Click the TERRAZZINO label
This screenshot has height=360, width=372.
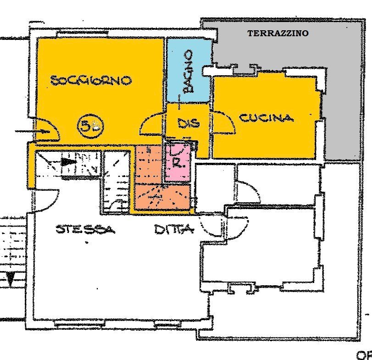tap(278, 33)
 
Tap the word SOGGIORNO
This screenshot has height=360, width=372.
tap(91, 80)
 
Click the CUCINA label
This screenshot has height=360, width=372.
tap(266, 118)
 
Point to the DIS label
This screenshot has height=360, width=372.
tap(188, 123)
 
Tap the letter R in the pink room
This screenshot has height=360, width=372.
tap(177, 162)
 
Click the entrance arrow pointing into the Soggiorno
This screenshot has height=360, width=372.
tap(32, 132)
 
